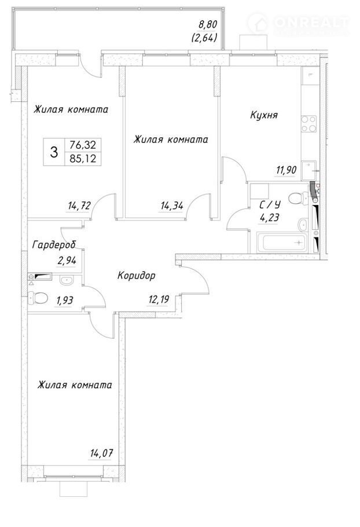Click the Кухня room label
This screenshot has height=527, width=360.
coord(264,115)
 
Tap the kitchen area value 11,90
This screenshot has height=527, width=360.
coord(286,170)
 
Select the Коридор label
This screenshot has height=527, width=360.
coord(137,276)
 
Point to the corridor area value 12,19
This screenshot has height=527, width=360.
coord(158,299)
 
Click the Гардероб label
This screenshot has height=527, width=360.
coord(54,245)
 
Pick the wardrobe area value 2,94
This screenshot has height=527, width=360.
coord(67,260)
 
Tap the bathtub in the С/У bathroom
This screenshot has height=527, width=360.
coord(284,242)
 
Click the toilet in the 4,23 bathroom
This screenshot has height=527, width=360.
coord(297,198)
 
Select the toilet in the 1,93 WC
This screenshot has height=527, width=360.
coord(38,298)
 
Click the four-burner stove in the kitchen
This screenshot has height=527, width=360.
coord(308,124)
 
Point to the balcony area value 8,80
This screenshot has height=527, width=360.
coord(208,24)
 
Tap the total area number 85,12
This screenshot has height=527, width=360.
coord(83,158)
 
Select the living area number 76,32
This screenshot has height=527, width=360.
coord(83,145)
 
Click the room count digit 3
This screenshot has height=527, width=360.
coord(54,152)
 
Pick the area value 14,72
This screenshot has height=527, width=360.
coord(79,206)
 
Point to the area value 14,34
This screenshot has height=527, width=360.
coord(172,206)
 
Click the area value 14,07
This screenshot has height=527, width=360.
coord(101,453)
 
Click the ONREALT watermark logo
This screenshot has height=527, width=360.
coord(299,24)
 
